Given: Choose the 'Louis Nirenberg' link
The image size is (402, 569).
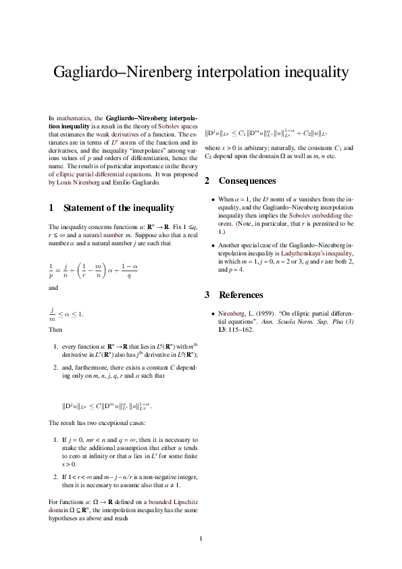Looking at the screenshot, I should click(x=80, y=182).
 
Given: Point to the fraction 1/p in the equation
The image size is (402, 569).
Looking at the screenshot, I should click(x=51, y=270).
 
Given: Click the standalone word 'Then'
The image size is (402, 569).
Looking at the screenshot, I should click(x=55, y=331).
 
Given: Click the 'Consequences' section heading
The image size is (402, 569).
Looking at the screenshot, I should click(x=247, y=181).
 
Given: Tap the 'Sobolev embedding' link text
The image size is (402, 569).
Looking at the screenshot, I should click(x=321, y=214).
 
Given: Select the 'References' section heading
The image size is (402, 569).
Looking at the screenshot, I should click(x=241, y=295).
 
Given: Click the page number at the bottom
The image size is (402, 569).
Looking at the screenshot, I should click(x=201, y=539).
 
